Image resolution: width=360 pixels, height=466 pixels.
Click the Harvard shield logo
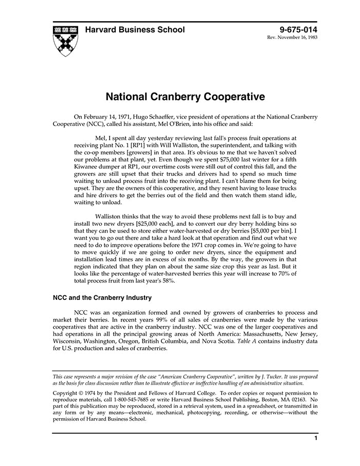point(65,40)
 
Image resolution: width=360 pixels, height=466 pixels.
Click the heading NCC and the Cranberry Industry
point(102,298)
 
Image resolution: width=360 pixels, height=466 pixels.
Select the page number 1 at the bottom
point(315,439)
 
